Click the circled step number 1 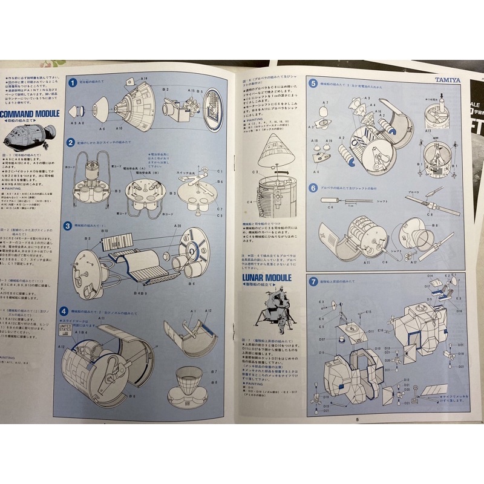pos(72,83)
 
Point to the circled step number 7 pos(313,281)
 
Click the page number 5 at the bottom pos(358,420)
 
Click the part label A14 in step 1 pos(144,79)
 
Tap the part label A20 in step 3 pos(178,226)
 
